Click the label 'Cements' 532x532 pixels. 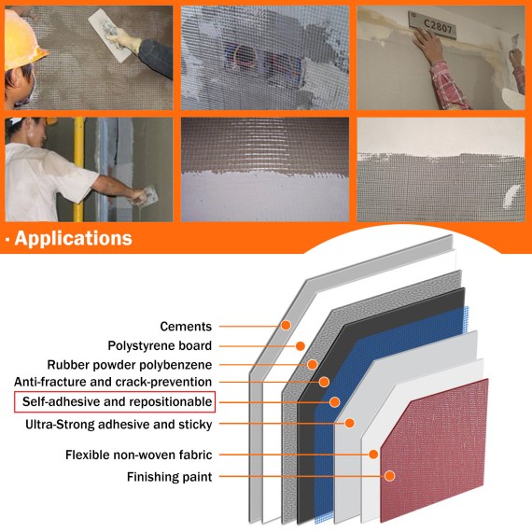tap(186, 327)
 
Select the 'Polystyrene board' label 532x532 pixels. tap(160, 345)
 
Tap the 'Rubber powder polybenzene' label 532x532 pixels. tap(130, 364)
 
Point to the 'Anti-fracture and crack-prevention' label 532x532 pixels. tap(113, 382)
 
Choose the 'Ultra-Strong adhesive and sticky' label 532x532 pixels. tap(119, 425)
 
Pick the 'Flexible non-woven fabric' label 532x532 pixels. tap(138, 455)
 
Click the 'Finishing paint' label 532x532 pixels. tap(170, 477)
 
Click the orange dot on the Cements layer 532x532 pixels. tap(286, 326)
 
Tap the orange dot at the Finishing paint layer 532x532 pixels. tap(390, 476)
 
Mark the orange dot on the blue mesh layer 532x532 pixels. tap(335, 401)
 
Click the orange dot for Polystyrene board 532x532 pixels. tap(301, 345)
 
